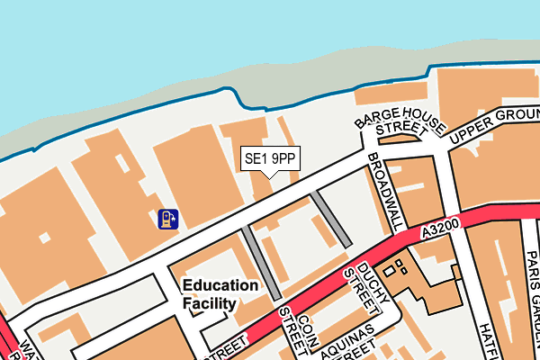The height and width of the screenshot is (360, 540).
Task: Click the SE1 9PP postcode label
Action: [270, 159]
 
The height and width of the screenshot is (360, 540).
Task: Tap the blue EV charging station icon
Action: [167, 219]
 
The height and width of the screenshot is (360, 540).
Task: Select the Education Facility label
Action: [220, 294]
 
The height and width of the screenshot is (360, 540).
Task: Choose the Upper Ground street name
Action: [496, 123]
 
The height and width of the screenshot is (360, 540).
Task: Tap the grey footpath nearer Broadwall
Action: [330, 220]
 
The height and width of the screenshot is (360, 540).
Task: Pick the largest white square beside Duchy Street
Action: [389, 271]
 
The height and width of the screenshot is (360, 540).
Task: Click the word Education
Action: [220, 285]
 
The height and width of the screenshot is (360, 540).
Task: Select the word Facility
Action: [210, 304]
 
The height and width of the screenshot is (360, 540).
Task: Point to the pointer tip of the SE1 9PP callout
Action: [269, 176]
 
